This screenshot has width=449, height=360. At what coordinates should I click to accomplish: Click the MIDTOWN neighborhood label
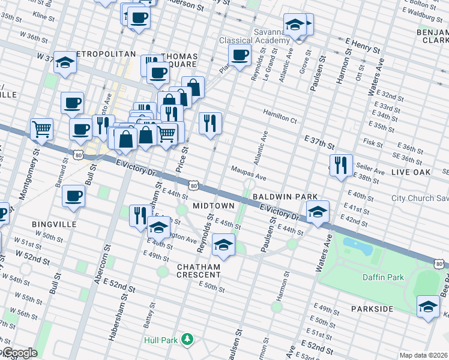213,206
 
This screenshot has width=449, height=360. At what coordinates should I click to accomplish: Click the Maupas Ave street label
249,173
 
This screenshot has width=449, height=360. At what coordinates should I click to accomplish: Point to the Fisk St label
372,144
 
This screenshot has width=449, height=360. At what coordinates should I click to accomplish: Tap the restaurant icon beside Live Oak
341,165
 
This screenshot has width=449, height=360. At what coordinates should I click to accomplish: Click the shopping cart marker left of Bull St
41,128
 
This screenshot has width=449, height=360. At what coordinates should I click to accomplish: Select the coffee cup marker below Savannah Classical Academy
240,56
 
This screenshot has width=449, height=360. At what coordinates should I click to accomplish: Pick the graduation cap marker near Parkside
428,307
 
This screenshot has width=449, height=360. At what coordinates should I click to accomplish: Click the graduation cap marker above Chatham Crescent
223,245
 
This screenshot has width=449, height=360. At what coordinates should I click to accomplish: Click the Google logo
19,353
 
